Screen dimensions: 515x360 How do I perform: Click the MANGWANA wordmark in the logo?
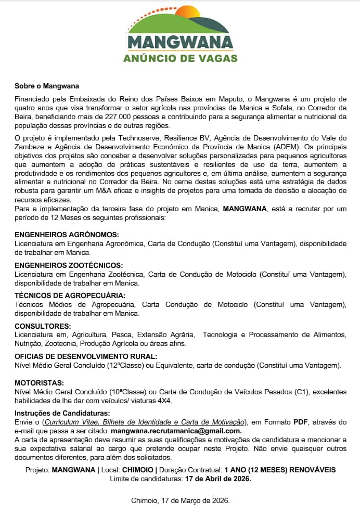click(180, 42)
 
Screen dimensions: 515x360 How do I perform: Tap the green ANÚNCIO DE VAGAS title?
click(180, 58)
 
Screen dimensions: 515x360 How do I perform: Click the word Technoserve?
click(138, 138)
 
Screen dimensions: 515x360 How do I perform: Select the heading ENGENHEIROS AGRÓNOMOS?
click(67, 235)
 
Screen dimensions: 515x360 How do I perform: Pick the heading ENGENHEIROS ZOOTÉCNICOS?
click(69, 265)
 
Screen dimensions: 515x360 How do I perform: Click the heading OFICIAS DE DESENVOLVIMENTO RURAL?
click(86, 356)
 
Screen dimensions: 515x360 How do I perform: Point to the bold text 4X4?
click(165, 401)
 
